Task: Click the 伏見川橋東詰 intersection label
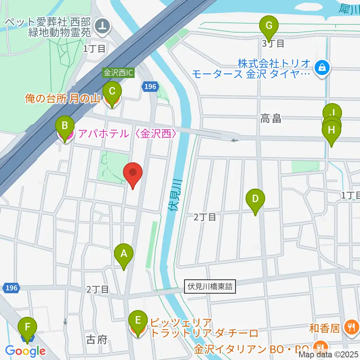[x=210, y=287]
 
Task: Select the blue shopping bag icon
[x=322, y=68]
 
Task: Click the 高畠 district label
[x=271, y=120]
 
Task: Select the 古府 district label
[x=97, y=340]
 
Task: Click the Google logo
[x=25, y=351]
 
